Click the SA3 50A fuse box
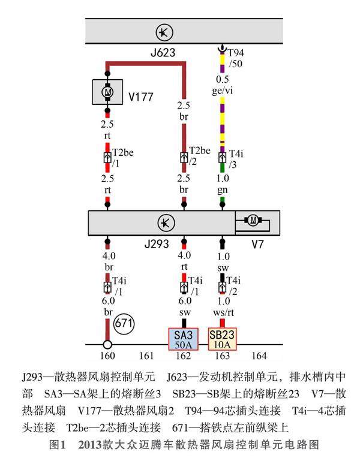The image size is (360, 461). pyautogui.click(x=183, y=339)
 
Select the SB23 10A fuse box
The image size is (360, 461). pyautogui.click(x=223, y=339)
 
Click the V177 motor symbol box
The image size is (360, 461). pyautogui.click(x=107, y=92)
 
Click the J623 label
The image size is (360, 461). pyautogui.click(x=163, y=53)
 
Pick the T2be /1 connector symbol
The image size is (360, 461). pyautogui.click(x=107, y=158)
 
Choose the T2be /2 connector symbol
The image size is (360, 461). pyautogui.click(x=184, y=158)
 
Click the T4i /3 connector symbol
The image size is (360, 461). pyautogui.click(x=223, y=158)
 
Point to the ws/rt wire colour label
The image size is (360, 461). pyautogui.click(x=224, y=311)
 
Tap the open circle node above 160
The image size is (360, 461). pyautogui.click(x=107, y=345)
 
